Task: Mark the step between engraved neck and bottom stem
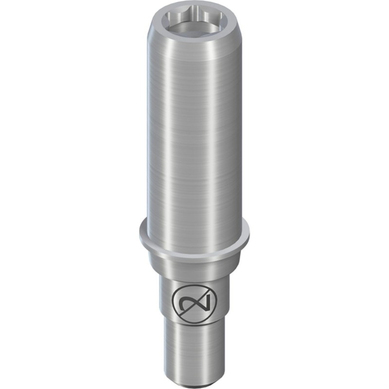coord(194,322)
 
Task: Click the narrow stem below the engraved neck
coord(194,345)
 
